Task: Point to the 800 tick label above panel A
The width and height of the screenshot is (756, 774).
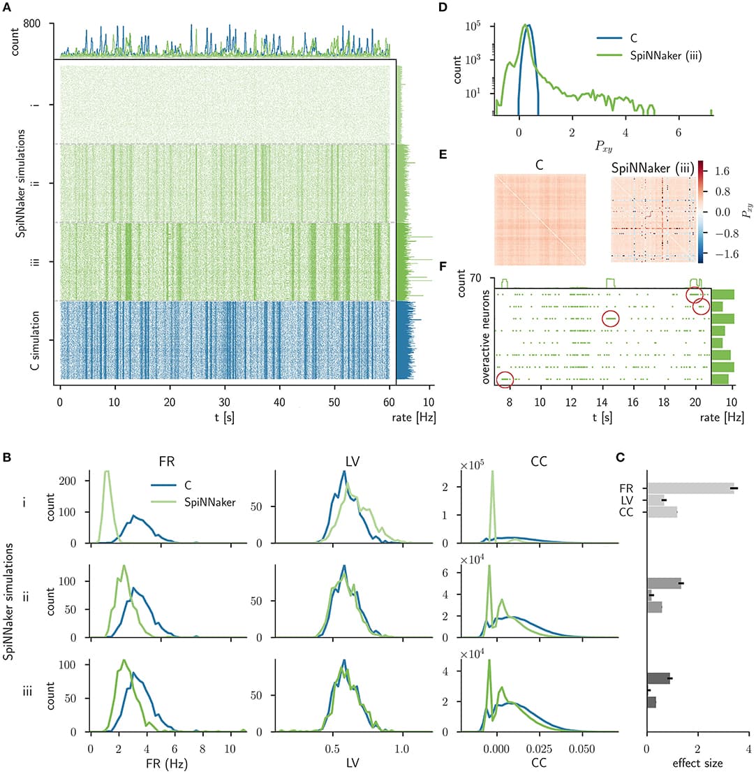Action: tap(32, 24)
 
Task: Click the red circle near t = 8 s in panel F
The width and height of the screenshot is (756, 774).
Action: tap(506, 379)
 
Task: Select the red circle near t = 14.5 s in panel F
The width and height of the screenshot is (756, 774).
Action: tap(611, 319)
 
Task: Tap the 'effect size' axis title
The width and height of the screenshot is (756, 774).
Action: tap(697, 764)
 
